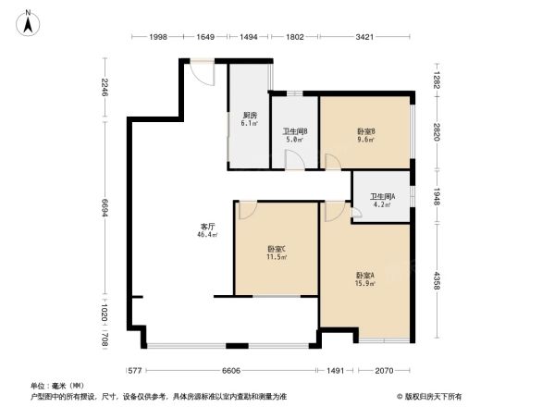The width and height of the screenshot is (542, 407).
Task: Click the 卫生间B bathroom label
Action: click(x=295, y=131)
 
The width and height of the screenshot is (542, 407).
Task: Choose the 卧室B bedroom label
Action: click(x=365, y=131)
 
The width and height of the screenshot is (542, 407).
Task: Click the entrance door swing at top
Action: click(x=203, y=74)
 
